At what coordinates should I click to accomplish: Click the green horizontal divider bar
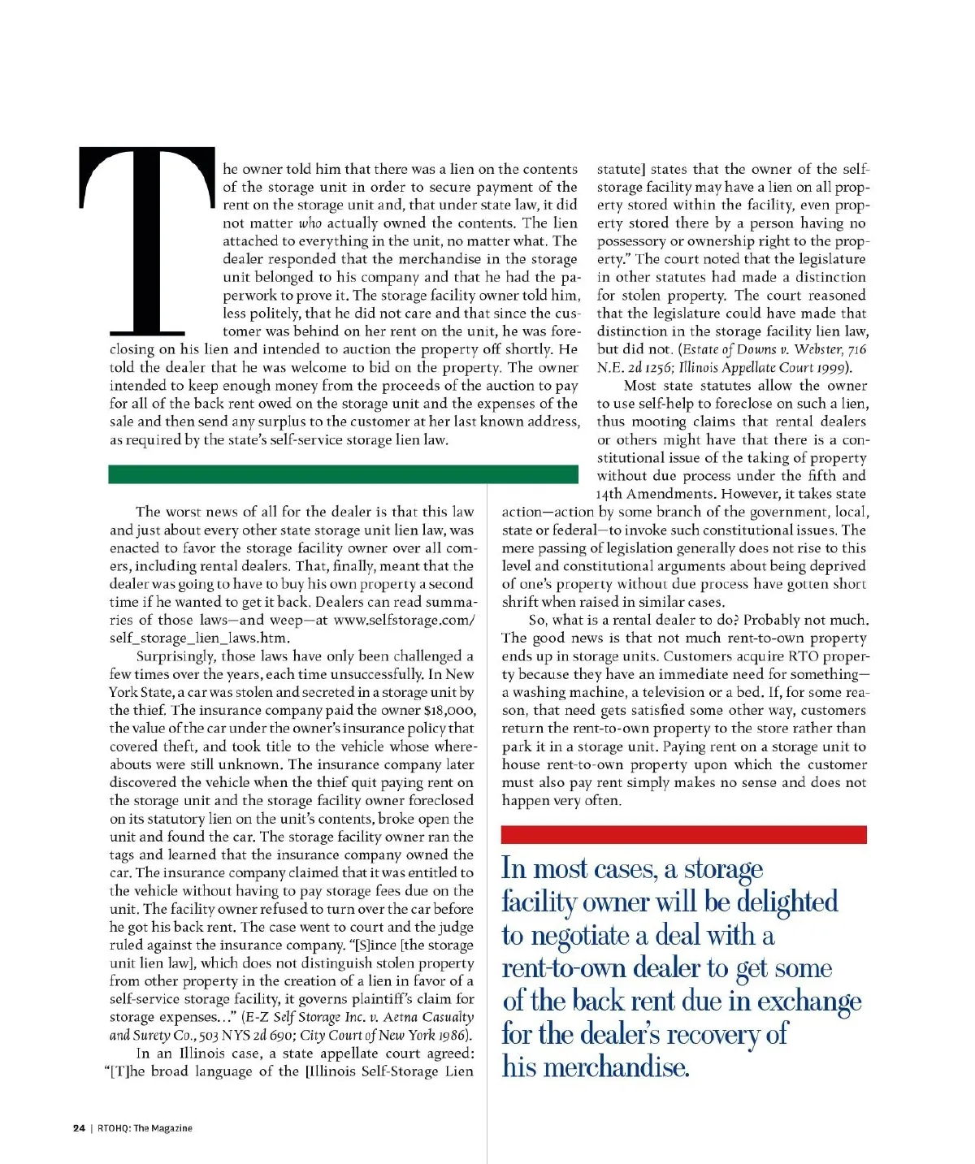(x=343, y=474)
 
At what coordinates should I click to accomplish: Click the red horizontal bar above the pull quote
(x=683, y=834)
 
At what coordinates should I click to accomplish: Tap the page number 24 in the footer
(x=79, y=1127)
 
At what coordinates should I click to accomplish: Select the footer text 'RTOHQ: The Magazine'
(x=145, y=1127)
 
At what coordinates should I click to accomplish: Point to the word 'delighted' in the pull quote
(x=786, y=902)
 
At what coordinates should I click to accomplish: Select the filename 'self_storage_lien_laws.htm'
(x=199, y=638)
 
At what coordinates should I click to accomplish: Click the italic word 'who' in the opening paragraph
(x=310, y=223)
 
